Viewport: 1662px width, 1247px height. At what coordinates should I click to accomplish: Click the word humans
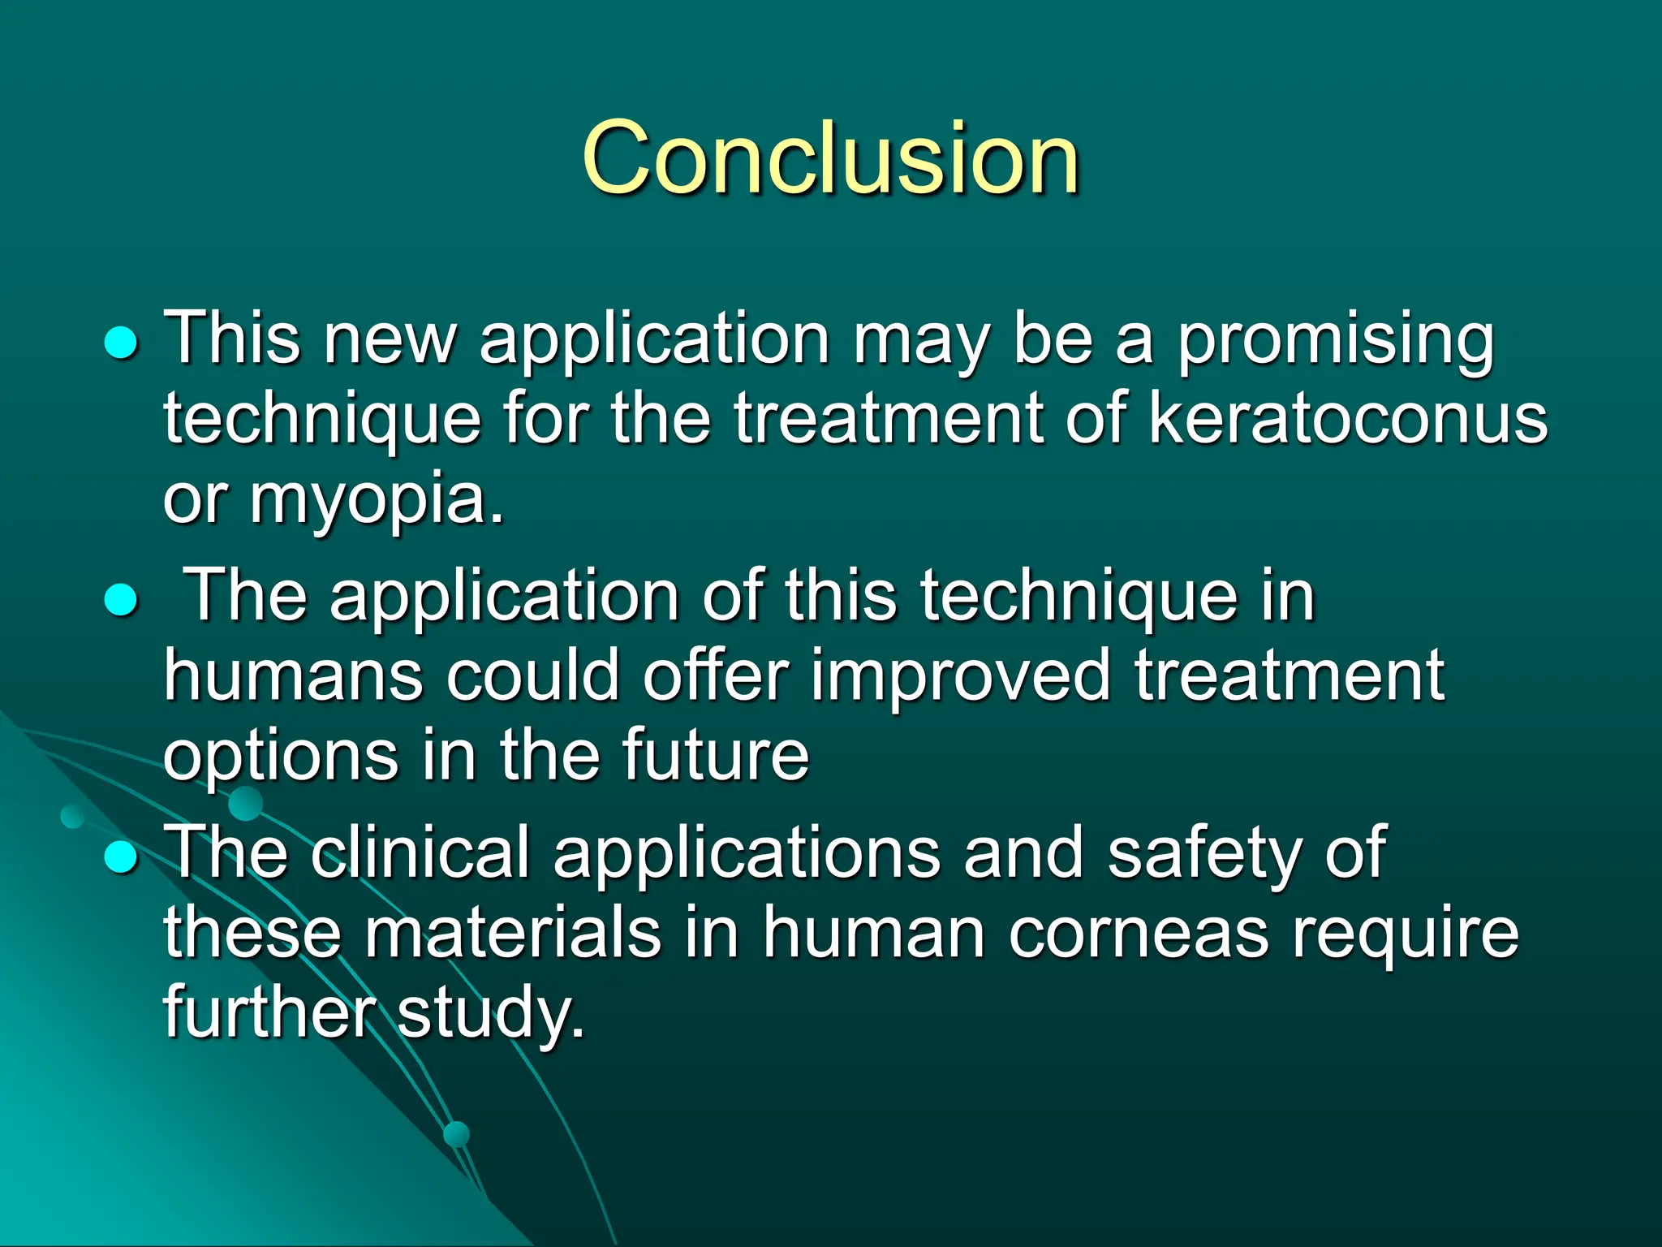pos(293,675)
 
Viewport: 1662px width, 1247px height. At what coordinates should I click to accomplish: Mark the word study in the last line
pos(491,1013)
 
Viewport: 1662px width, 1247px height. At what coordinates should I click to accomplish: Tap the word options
pos(281,757)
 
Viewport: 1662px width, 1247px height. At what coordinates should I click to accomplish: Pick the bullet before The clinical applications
pos(122,857)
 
